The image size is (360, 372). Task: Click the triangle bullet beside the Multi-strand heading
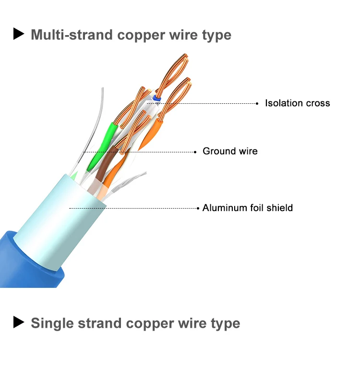click(19, 34)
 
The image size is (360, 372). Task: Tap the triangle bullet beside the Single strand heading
click(19, 322)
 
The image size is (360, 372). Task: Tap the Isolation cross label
click(297, 103)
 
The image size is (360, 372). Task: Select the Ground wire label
click(230, 151)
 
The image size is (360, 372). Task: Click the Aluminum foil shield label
click(247, 208)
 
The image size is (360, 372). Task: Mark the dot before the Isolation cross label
click(258, 103)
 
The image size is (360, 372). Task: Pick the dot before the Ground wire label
click(195, 152)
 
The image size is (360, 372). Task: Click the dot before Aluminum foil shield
click(198, 208)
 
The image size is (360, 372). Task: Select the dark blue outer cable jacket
click(29, 262)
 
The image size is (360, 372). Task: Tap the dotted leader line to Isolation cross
click(211, 103)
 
